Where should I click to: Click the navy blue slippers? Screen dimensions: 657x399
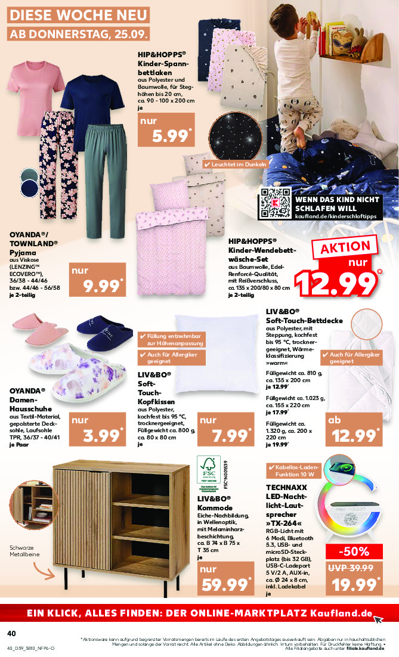click(x=100, y=333)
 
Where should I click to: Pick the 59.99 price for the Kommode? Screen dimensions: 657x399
click(x=222, y=577)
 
